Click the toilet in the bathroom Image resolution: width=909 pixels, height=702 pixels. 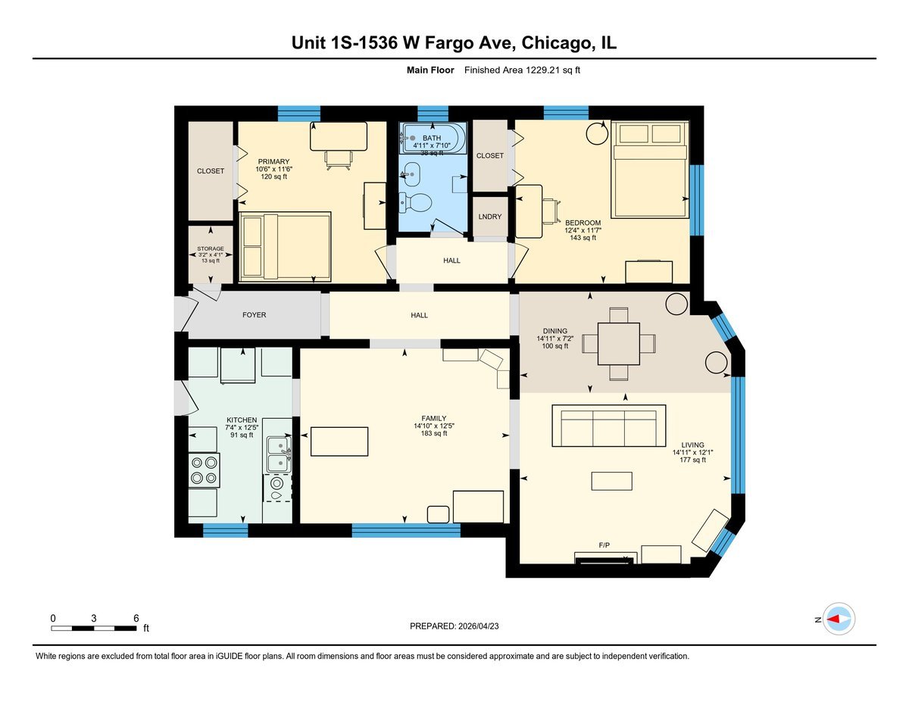(416, 202)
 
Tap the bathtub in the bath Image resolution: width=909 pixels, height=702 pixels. (431, 138)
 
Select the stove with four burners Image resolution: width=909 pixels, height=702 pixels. (204, 470)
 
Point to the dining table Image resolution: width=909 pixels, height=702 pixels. (618, 344)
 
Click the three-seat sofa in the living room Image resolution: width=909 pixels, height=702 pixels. (608, 426)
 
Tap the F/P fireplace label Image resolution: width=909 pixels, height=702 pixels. (604, 544)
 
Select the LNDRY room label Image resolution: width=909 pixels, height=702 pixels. (489, 217)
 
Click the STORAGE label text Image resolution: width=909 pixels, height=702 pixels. (211, 249)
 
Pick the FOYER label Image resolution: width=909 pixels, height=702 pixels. (254, 315)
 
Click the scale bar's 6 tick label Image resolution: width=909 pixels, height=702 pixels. (136, 618)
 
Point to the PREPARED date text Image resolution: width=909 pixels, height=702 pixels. (454, 626)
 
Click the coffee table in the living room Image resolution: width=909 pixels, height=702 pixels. (611, 481)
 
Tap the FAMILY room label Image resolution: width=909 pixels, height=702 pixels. (434, 418)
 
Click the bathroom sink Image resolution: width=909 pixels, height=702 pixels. (412, 173)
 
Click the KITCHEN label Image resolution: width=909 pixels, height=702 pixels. (242, 420)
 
